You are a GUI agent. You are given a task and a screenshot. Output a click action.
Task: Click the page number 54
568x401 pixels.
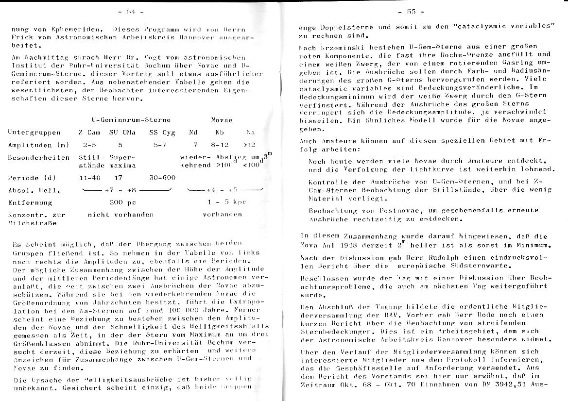(131, 11)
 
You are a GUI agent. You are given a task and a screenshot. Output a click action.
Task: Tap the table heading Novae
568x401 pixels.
(222, 120)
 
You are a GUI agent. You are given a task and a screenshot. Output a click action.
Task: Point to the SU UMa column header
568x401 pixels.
(122, 133)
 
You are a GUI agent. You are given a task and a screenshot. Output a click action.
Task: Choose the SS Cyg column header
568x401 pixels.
(162, 133)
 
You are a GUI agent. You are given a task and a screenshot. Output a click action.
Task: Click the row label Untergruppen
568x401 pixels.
(34, 133)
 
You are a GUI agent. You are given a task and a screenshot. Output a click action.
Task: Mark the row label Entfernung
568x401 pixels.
(30, 202)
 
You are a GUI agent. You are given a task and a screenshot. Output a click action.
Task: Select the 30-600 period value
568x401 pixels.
(162, 178)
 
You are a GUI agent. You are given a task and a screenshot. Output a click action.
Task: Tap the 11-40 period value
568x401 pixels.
(89, 178)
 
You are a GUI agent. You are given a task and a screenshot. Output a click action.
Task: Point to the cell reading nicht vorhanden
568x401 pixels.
(120, 215)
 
